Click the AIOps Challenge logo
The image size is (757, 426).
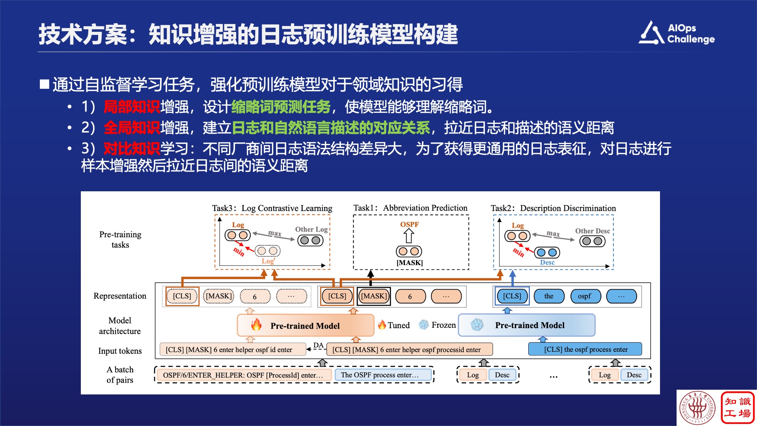(677, 33)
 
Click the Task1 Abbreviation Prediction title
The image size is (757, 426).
(410, 208)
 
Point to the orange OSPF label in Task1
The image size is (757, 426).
(409, 224)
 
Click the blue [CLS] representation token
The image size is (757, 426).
(512, 296)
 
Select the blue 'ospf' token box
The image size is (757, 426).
(584, 296)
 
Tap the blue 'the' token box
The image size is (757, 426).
(548, 296)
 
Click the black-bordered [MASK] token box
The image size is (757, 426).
(374, 296)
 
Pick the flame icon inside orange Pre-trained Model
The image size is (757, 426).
(256, 325)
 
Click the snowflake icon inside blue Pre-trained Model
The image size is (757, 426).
(477, 325)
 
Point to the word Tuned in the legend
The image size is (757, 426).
(399, 325)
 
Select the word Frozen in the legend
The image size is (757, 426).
(444, 325)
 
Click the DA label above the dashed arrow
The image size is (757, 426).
(318, 346)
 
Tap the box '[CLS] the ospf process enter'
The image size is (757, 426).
(585, 349)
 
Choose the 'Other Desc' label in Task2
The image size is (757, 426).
(592, 231)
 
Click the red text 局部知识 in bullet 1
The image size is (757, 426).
(132, 107)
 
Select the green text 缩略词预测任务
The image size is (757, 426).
(281, 107)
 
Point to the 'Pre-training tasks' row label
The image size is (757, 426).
(120, 239)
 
